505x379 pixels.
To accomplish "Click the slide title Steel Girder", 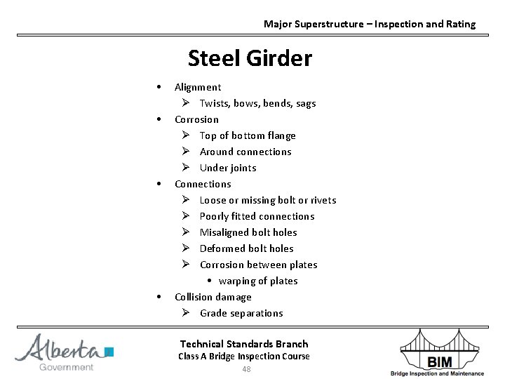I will click(250, 58).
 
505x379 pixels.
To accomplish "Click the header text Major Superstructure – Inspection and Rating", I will click(369, 24).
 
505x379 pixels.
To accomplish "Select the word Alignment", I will click(198, 87).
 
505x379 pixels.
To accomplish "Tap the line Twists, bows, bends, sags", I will click(257, 103).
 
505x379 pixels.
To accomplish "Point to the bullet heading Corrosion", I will click(196, 119).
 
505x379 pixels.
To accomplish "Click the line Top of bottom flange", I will click(248, 135).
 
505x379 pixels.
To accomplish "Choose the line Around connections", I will click(245, 152).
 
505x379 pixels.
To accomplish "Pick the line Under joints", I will click(228, 168).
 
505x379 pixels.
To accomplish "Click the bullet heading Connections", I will click(203, 184).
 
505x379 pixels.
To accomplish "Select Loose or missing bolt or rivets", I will click(268, 200).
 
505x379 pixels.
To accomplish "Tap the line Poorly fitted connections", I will click(257, 216).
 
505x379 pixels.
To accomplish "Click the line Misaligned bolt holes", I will click(248, 232).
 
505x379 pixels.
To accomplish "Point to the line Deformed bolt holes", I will click(246, 248).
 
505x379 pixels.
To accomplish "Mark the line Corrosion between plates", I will click(258, 265).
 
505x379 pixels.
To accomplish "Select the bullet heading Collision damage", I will click(213, 297).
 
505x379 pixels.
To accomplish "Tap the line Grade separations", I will click(241, 313).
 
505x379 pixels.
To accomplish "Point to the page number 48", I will click(246, 370).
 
